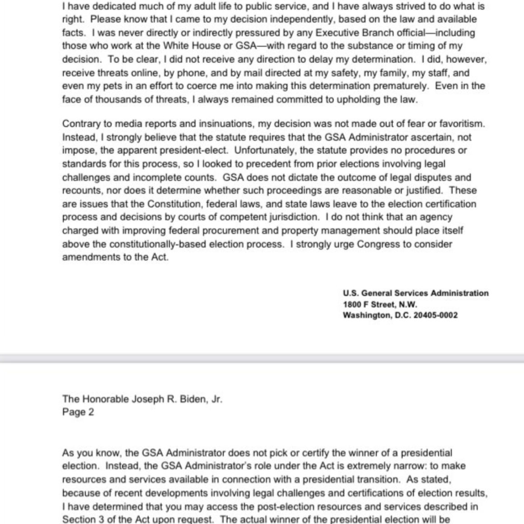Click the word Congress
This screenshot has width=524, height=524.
point(383,244)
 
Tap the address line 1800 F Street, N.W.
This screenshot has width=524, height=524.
point(380,304)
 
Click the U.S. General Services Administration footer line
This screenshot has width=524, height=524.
point(416,293)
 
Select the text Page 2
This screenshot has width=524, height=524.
point(78,412)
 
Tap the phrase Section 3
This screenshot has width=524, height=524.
point(86,519)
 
